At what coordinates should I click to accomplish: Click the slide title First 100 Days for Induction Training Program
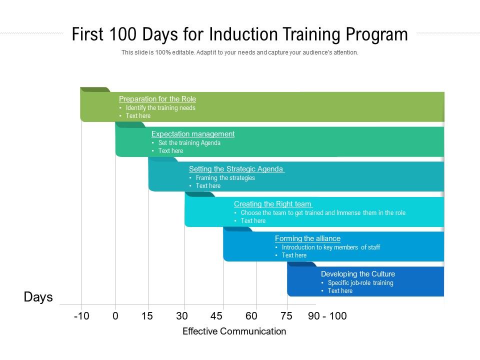pos(239,35)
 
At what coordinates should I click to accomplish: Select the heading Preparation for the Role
pos(157,99)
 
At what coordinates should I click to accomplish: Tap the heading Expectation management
pos(193,134)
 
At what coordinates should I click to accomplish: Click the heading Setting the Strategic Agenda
pos(236,169)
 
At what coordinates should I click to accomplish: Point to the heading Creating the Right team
pos(273,204)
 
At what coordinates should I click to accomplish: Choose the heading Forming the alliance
pos(307,238)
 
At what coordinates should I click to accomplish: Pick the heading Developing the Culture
pos(358,274)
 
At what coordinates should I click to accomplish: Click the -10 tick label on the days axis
pos(81,316)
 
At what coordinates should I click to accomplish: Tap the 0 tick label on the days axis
pos(115,316)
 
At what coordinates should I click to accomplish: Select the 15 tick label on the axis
pos(147,316)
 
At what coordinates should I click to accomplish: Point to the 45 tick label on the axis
pos(216,316)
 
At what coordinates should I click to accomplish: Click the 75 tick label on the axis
pos(286,316)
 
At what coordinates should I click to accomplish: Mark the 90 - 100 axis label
pos(327,316)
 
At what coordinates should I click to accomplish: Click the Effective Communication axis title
pos(234,331)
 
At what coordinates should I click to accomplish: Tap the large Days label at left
pos(38,297)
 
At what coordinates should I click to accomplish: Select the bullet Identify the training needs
pos(160,108)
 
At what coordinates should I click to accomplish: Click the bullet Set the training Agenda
pos(189,143)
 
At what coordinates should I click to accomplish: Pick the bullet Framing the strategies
pos(225,178)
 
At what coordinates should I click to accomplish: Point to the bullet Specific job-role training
pos(360,283)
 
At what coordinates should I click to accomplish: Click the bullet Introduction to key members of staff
pos(331,247)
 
